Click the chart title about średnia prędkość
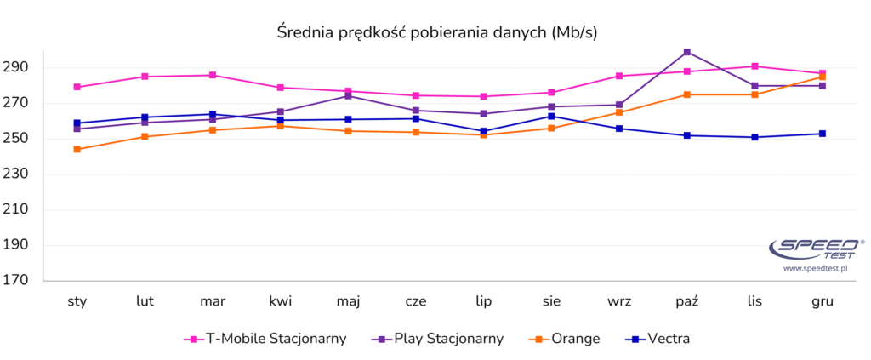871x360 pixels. pyautogui.click(x=438, y=32)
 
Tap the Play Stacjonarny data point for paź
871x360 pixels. pyautogui.click(x=687, y=52)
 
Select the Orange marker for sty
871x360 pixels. pyautogui.click(x=77, y=149)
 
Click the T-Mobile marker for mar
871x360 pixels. pyautogui.click(x=213, y=75)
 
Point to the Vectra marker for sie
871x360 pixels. pyautogui.click(x=551, y=116)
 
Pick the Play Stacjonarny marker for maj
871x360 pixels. pyautogui.click(x=348, y=95)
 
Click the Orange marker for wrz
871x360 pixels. pyautogui.click(x=619, y=112)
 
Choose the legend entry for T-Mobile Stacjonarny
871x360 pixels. pyautogui.click(x=265, y=339)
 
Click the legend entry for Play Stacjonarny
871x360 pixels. pyautogui.click(x=437, y=339)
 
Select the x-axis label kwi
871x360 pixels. pyautogui.click(x=281, y=301)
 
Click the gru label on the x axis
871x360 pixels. pyautogui.click(x=822, y=301)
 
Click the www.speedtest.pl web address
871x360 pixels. pyautogui.click(x=816, y=268)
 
